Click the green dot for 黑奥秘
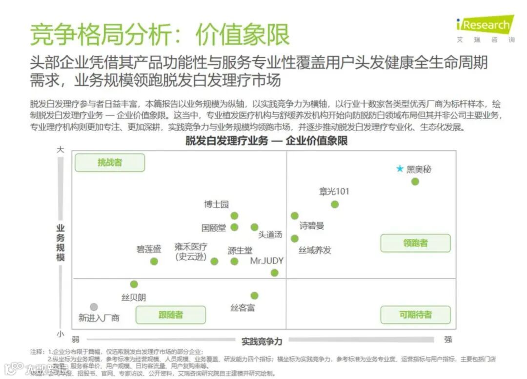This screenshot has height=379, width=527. click(415, 181)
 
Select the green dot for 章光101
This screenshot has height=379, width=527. click(335, 204)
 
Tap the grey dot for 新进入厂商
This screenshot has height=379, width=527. click(94, 307)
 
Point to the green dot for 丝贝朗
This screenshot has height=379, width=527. click(134, 284)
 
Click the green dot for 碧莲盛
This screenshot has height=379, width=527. click(154, 261)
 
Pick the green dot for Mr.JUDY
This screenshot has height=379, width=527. click(275, 273)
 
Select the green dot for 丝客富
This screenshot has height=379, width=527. click(254, 296)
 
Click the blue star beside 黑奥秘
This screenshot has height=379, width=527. click(400, 169)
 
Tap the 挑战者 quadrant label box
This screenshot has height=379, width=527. click(110, 162)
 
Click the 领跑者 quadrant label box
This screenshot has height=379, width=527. click(415, 243)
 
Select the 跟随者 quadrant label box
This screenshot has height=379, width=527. click(171, 315)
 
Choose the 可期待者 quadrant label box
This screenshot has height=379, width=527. click(415, 315)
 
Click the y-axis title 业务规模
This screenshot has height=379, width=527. click(61, 242)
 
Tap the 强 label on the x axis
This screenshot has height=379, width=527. click(448, 339)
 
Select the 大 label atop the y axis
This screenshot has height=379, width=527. click(60, 150)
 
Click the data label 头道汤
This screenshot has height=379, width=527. click(270, 235)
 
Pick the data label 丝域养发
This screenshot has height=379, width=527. click(315, 250)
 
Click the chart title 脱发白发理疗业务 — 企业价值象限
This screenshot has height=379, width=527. click(266, 141)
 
